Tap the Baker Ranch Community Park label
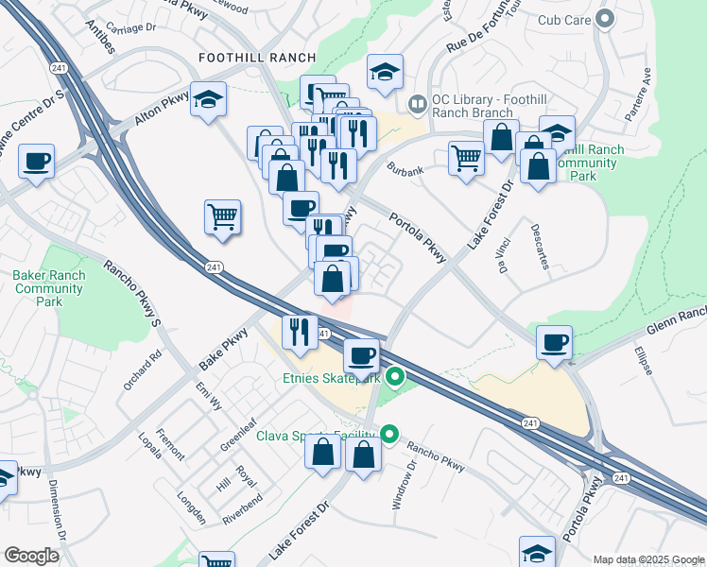point(48,288)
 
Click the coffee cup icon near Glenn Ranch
point(554,341)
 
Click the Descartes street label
point(540,246)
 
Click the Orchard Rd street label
point(143,371)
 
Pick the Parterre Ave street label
point(638,93)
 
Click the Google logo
point(32,556)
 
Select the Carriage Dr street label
point(131,27)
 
